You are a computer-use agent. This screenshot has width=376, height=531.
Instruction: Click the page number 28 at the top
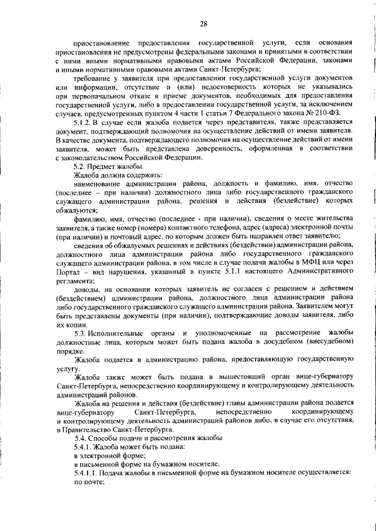203,23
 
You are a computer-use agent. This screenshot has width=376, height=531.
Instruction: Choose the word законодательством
98,158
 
